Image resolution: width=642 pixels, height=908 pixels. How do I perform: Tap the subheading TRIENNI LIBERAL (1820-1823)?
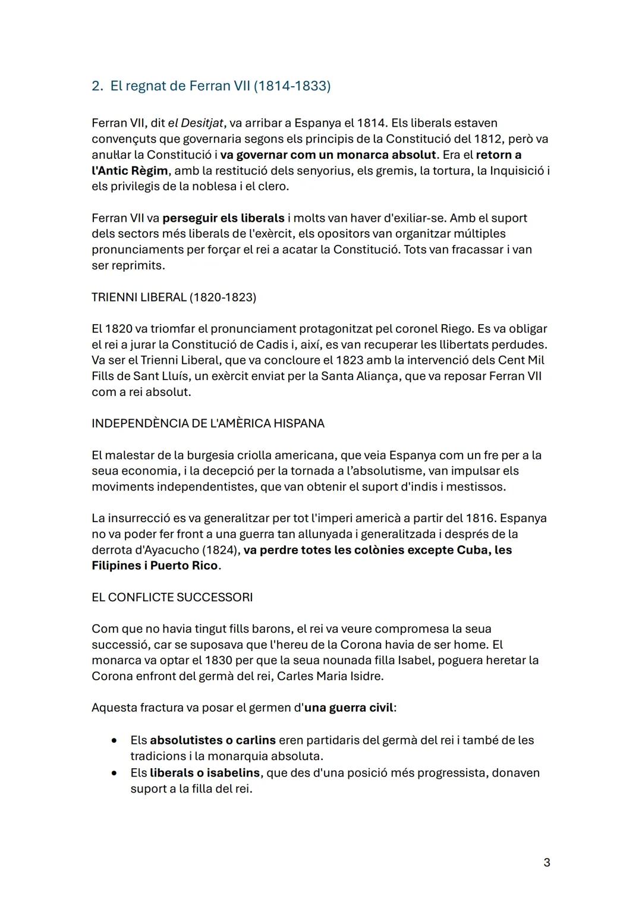pyautogui.click(x=174, y=297)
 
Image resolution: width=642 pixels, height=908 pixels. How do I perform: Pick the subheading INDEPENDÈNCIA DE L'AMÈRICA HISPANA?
pyautogui.click(x=208, y=424)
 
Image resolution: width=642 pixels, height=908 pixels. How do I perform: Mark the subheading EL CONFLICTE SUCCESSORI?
pyautogui.click(x=172, y=598)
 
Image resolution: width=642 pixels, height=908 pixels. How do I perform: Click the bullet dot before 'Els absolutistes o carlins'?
pyautogui.click(x=114, y=741)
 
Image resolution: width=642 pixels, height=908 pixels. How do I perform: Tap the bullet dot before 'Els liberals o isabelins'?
pyautogui.click(x=114, y=774)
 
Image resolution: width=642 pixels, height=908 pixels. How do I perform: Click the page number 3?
pyautogui.click(x=546, y=863)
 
